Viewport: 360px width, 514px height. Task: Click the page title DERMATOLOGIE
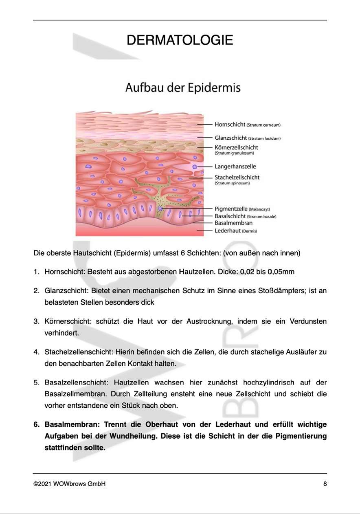coord(180,40)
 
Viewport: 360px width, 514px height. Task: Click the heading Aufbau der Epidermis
coord(183,88)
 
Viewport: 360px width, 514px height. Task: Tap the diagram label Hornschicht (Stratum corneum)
coord(247,125)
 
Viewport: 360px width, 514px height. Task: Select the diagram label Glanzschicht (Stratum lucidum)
coord(247,138)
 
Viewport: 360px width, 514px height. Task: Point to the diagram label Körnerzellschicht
coord(236,147)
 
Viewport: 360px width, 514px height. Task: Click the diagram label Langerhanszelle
coord(235,166)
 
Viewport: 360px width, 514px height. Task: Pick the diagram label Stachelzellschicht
coord(237,177)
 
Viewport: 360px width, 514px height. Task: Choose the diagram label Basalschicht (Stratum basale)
coord(245,216)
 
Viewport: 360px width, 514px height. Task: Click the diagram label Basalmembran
coord(233,223)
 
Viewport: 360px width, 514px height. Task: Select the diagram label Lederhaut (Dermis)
coord(236,231)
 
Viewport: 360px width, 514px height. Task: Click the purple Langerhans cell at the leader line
coord(195,167)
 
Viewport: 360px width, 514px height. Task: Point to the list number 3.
coord(36,321)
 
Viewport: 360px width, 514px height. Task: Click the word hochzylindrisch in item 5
coord(268,383)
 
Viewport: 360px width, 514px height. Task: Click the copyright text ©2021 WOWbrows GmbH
coord(69,484)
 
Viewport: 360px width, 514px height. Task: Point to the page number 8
coord(325,484)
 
